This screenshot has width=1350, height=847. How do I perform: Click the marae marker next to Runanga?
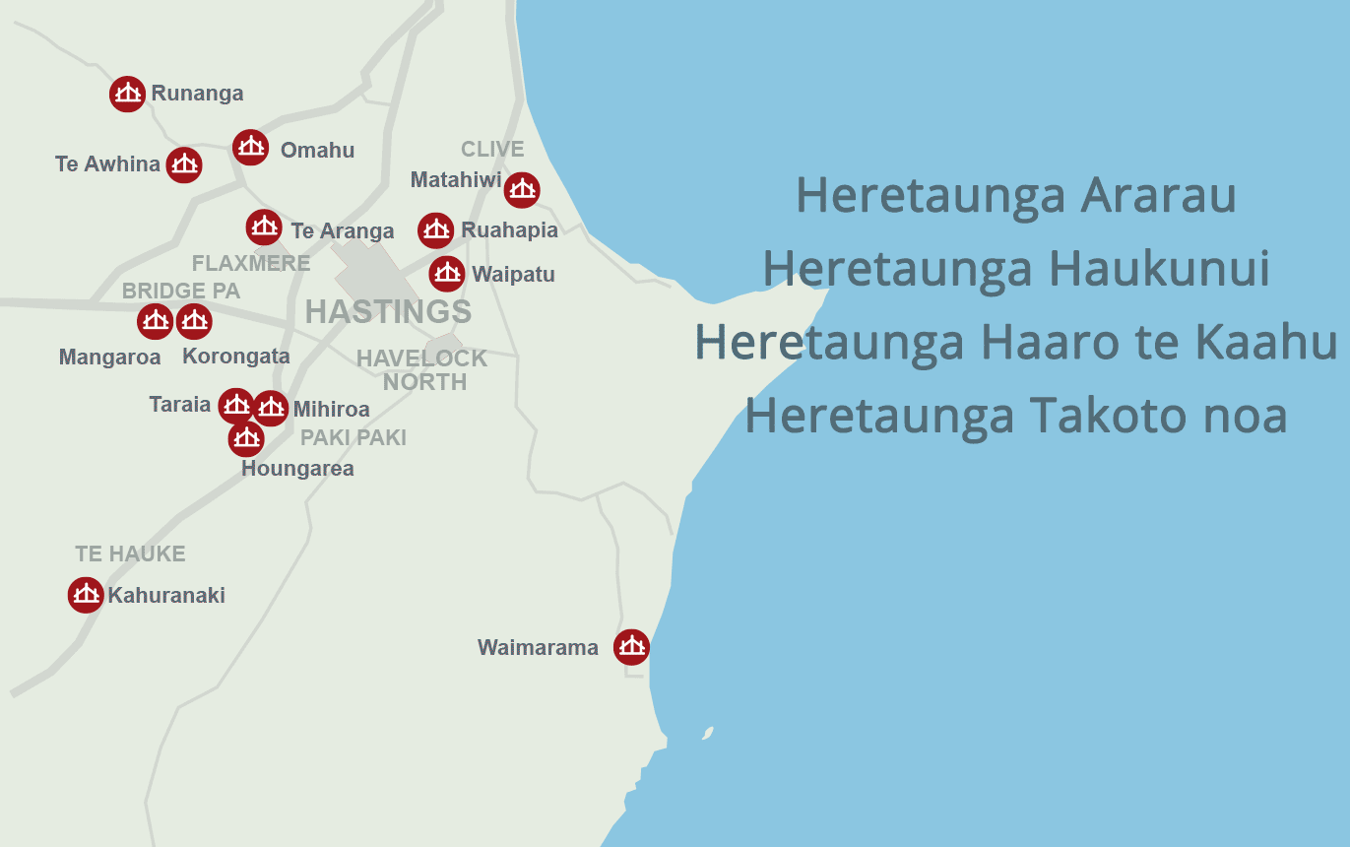tap(127, 94)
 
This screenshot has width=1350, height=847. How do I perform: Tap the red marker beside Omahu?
tap(251, 148)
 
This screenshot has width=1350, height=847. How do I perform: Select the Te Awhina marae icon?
tap(184, 164)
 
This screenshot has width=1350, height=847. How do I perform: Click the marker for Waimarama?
tap(631, 647)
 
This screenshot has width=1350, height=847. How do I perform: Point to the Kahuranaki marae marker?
tap(86, 595)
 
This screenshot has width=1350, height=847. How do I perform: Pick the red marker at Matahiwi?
tap(522, 189)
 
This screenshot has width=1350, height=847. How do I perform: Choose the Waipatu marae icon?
tap(447, 273)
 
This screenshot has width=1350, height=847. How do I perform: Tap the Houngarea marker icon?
tap(246, 438)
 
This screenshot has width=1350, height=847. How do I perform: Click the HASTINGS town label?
tap(388, 312)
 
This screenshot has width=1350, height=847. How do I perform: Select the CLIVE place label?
tap(492, 150)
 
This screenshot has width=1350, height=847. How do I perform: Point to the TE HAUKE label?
tap(130, 554)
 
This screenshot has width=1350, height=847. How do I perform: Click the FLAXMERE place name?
tap(251, 264)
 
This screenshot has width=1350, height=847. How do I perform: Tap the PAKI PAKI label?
tap(354, 438)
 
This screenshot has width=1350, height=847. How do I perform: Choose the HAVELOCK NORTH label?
tap(422, 370)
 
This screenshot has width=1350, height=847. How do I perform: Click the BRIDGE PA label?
tap(181, 292)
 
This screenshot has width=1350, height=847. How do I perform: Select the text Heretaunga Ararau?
tap(1015, 196)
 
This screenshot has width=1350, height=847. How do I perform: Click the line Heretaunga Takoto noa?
tap(1015, 416)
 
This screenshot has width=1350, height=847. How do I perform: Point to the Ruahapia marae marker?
tap(436, 230)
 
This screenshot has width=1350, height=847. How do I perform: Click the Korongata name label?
tap(236, 357)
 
